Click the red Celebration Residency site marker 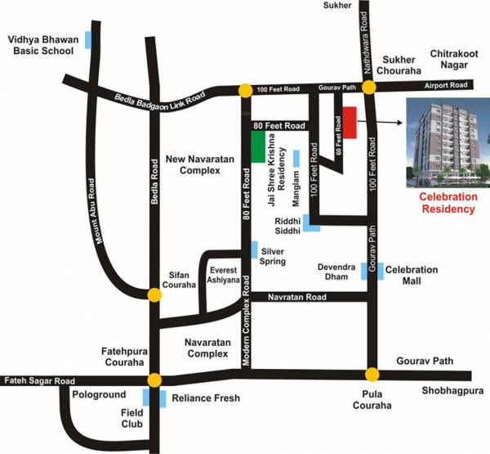(x=350, y=123)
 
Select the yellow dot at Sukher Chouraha (x=368, y=88)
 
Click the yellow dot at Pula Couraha (x=372, y=375)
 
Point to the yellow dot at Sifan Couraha (x=154, y=294)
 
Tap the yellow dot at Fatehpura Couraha (x=154, y=380)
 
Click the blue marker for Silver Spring (x=255, y=249)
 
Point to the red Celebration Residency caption (x=447, y=203)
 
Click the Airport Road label (x=445, y=85)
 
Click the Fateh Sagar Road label (x=38, y=380)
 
